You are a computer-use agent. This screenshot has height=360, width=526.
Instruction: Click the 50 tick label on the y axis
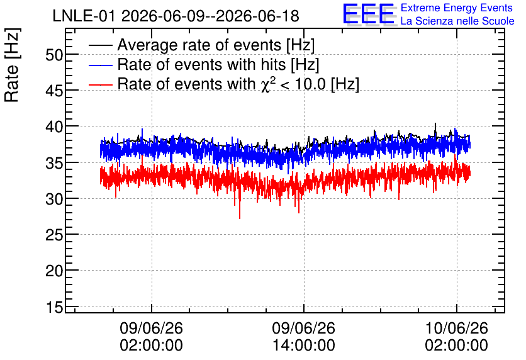point(54,55)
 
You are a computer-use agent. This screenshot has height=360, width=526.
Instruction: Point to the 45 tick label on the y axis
point(54,91)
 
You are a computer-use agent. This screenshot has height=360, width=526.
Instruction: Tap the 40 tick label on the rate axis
point(54,127)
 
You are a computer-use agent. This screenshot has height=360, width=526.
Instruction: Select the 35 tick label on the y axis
point(54,163)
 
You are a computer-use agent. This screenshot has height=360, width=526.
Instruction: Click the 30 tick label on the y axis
point(54,200)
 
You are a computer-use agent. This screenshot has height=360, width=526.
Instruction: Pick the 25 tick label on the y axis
point(54,235)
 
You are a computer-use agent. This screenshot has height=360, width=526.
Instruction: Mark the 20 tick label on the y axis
point(54,271)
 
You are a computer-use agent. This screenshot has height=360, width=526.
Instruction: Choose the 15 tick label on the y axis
point(54,307)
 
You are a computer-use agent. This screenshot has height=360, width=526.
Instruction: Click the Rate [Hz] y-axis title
point(12,65)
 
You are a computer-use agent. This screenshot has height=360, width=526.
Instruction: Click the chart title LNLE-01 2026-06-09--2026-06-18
point(176,16)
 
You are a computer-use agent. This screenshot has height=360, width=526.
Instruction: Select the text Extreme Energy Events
point(457,8)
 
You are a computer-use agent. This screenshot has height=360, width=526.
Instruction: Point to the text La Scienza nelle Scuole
point(457,21)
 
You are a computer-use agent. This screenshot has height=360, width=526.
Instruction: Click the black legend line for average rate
point(100,45)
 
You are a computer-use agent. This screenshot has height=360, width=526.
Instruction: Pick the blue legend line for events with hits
point(100,65)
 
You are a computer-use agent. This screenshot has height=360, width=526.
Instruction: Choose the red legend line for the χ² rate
point(100,84)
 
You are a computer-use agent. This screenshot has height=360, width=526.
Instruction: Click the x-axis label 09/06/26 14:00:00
point(304,337)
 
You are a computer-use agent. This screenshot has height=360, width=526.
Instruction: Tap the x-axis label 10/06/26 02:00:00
point(456,337)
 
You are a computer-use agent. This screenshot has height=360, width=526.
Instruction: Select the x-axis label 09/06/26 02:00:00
point(151,337)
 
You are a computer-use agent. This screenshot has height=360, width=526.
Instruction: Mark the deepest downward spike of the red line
point(240,218)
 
